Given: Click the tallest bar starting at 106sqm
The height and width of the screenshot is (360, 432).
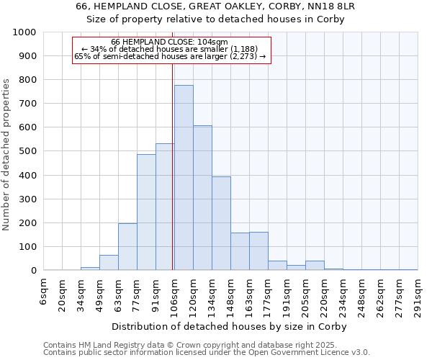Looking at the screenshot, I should pos(184,178).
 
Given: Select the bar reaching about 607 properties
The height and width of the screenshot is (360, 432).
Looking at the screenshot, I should pos(202,198).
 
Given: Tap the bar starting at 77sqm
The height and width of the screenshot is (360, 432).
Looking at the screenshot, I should pos(146,212).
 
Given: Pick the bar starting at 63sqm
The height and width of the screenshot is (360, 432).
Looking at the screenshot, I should pos(127,247).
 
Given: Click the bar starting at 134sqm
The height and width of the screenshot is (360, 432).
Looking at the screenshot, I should pos(221,223).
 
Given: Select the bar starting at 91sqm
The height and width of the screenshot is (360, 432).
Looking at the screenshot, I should pos(165,207).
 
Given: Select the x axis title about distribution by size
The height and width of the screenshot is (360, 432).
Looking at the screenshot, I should pos(230,326).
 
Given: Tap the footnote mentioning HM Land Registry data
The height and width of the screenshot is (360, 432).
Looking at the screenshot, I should pos(205,345).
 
